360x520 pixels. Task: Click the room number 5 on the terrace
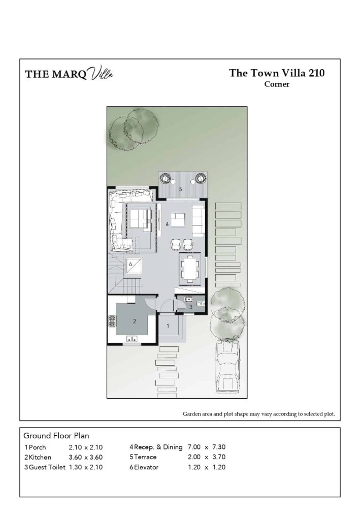(x=180, y=189)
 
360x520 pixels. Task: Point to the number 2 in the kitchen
(x=134, y=321)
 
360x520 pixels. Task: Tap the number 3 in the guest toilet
(x=190, y=307)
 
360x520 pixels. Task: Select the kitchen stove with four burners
(x=112, y=322)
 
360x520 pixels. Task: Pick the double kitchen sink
(x=132, y=339)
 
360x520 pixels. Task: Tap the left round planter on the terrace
(x=166, y=178)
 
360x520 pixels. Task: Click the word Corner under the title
(x=277, y=84)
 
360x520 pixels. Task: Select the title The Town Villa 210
(x=277, y=73)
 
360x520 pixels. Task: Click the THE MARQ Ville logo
(x=69, y=74)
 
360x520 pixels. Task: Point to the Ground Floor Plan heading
(x=56, y=436)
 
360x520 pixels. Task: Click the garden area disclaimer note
(x=259, y=414)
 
